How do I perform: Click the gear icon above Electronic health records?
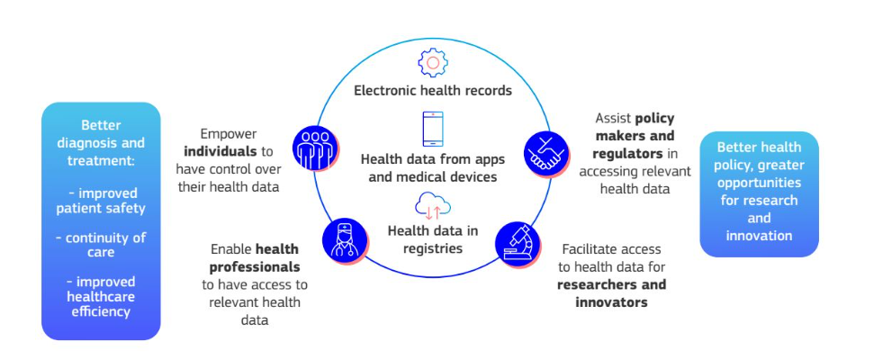(x=433, y=63)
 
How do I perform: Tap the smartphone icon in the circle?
(x=433, y=129)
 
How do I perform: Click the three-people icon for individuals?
(x=315, y=148)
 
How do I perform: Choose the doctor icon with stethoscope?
(x=346, y=242)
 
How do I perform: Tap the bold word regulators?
(x=627, y=154)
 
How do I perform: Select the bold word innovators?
(x=611, y=302)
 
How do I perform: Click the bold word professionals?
(x=255, y=266)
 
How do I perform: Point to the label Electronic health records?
(x=433, y=91)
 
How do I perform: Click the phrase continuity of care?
(x=101, y=245)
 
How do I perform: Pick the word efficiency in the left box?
(x=101, y=311)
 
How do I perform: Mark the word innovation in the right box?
(x=759, y=235)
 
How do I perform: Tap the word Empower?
(x=229, y=134)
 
